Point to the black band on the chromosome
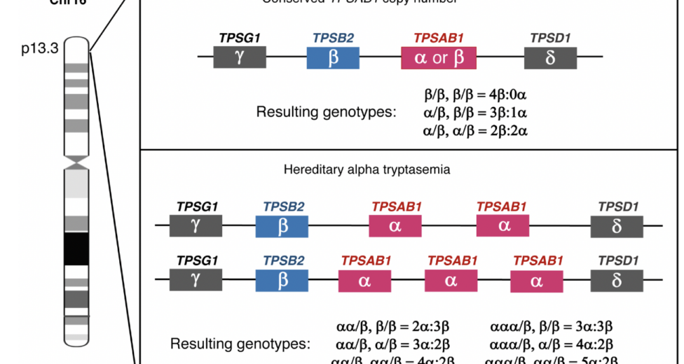coord(76,249)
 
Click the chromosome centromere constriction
coord(76,163)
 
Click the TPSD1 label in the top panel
coord(551,38)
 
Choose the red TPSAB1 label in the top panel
coord(439,38)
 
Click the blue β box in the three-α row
coord(283,280)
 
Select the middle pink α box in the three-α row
coord(451,280)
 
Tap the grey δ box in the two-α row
coord(617,226)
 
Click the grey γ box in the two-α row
coord(196,226)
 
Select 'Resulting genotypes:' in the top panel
coord(326,112)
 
